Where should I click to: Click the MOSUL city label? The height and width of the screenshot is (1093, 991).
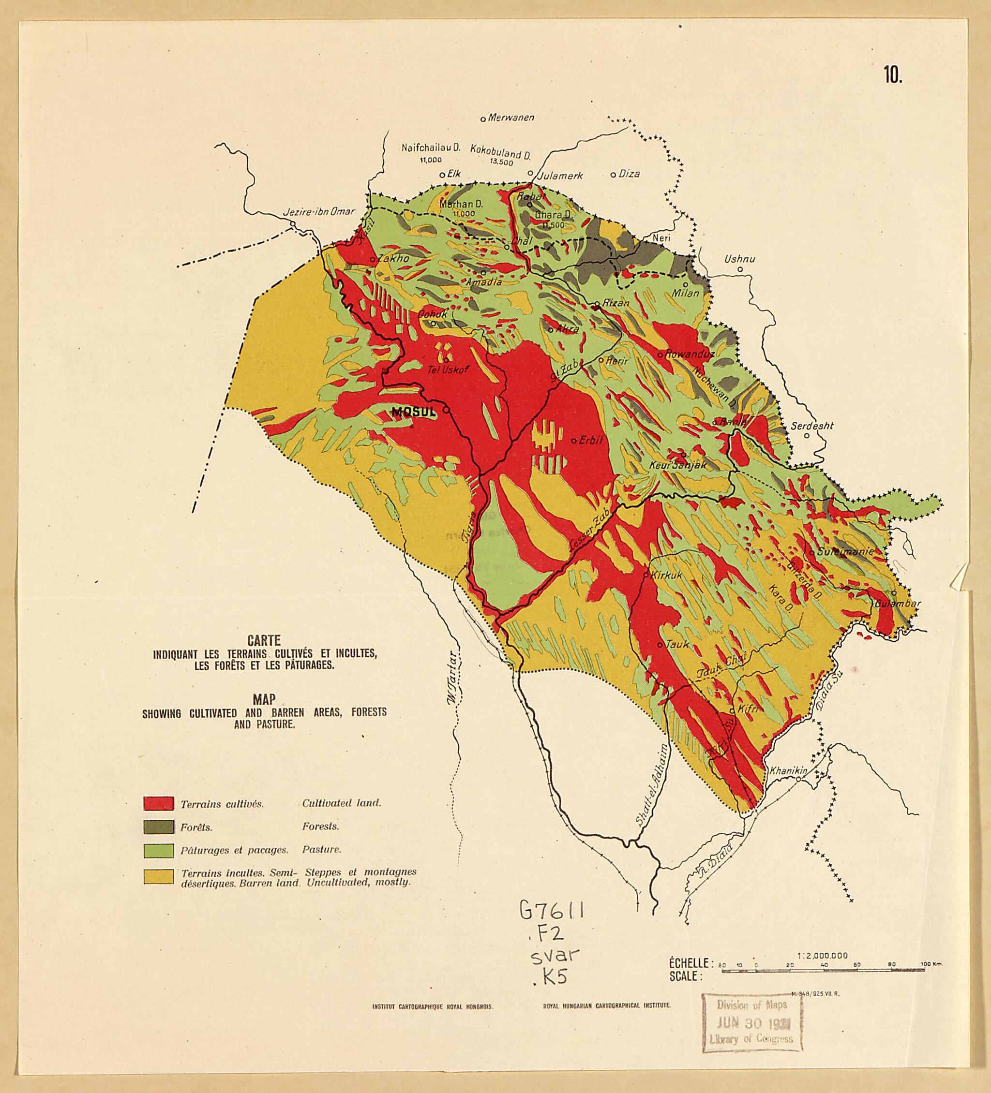[x=413, y=413]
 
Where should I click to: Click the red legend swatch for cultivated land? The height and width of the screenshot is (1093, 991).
[x=158, y=803]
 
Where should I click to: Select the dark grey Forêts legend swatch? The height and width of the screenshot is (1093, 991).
[x=158, y=827]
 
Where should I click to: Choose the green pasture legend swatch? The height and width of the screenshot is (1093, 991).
[x=158, y=850]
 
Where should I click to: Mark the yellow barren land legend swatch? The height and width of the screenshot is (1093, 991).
[x=158, y=877]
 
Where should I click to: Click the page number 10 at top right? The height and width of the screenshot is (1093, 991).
[x=892, y=76]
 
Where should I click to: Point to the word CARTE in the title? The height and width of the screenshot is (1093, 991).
[x=265, y=641]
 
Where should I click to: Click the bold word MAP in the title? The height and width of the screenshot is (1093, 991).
[x=264, y=700]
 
